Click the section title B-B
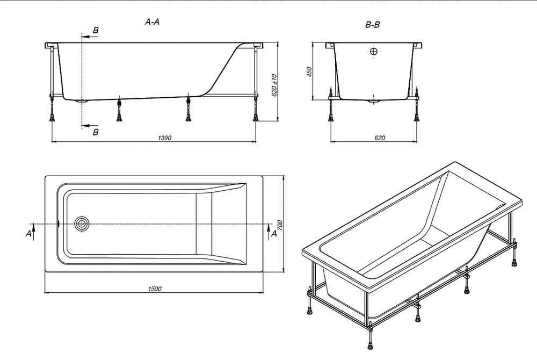(373, 24)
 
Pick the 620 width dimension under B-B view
(379, 138)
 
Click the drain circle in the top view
(82, 224)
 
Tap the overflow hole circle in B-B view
(374, 52)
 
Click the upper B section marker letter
(96, 31)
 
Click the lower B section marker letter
(96, 132)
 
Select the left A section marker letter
(28, 233)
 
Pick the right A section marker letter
(274, 233)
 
